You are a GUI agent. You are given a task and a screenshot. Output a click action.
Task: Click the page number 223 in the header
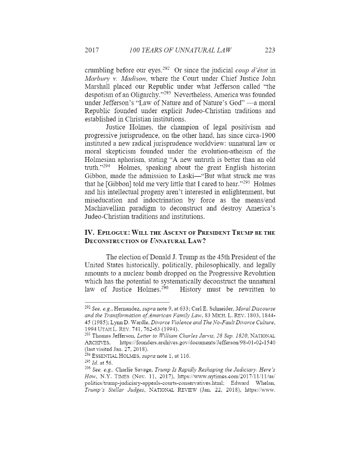pyautogui.click(x=269, y=50)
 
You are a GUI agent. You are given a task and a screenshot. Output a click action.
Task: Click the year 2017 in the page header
pyautogui.click(x=93, y=50)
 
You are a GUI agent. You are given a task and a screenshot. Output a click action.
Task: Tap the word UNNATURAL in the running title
pyautogui.click(x=195, y=50)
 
